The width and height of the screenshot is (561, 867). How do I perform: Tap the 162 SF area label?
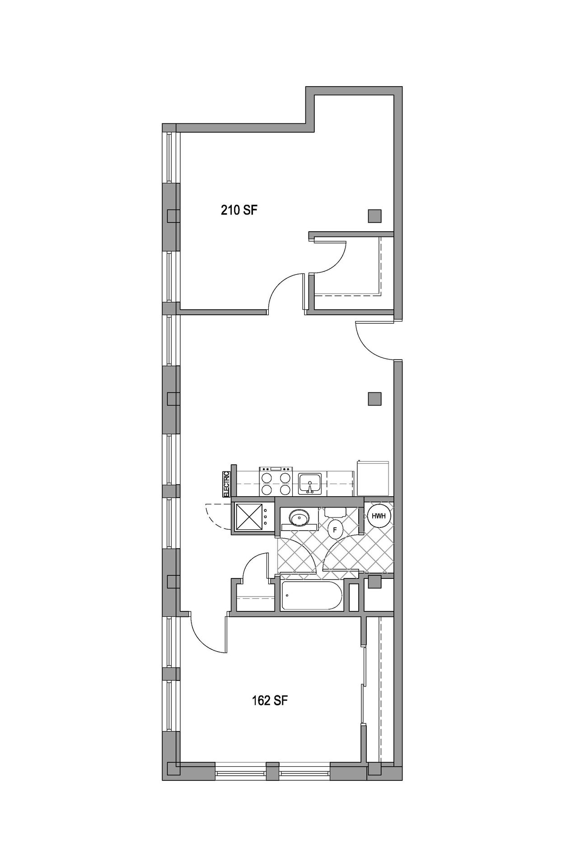[x=270, y=700]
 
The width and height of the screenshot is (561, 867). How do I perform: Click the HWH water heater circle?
[x=379, y=516]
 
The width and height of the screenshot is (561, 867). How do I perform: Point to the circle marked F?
[x=335, y=530]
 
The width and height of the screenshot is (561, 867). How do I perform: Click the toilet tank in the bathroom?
[x=335, y=512]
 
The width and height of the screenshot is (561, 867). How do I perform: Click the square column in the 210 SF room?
[x=374, y=216]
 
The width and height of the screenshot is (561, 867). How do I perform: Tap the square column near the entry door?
[x=374, y=399]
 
